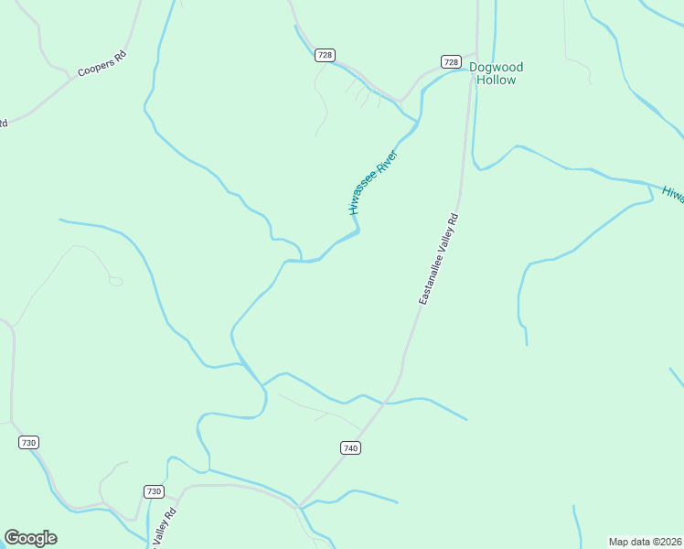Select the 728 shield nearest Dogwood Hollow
coord(450,61)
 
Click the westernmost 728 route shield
coord(325,55)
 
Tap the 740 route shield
coord(350,447)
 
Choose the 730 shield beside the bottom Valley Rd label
coord(154,491)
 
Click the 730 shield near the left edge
coord(28,442)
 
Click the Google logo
coord(30,538)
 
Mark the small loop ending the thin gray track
coord(115,281)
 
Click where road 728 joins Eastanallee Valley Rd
coord(475,69)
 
